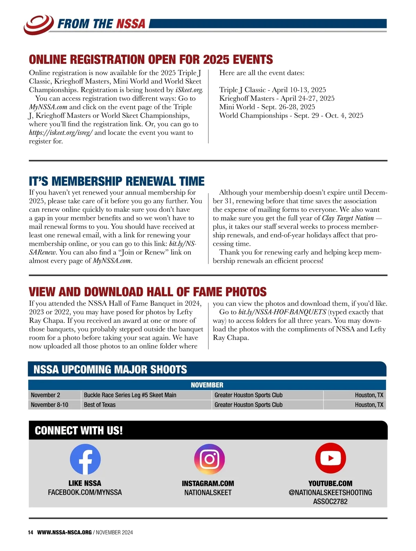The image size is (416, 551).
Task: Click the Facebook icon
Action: (85, 459)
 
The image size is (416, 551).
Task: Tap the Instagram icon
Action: (209, 459)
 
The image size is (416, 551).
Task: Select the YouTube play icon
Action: (330, 458)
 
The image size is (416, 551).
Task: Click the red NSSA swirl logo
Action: (38, 24)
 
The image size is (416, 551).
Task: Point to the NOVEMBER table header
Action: (207, 385)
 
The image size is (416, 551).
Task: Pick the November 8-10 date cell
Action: (50, 405)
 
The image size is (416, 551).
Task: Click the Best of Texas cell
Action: (100, 405)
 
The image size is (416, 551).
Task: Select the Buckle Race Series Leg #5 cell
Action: (130, 395)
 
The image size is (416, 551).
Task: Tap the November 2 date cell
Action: (45, 395)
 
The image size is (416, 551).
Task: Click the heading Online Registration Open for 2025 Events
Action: (151, 59)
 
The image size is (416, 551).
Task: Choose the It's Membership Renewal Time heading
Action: (116, 181)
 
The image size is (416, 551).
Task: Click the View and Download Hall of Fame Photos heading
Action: (148, 291)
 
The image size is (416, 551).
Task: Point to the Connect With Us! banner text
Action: (79, 431)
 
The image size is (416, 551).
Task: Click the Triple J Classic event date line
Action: (272, 90)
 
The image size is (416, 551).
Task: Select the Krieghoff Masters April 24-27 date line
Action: (277, 98)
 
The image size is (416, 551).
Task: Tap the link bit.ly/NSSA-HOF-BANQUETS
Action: (282, 312)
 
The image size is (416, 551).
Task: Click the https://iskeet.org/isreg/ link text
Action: (61, 133)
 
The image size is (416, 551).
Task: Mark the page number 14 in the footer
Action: (31, 532)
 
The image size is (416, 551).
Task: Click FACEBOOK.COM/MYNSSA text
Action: (85, 492)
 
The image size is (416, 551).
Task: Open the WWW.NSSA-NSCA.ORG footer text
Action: (64, 532)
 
